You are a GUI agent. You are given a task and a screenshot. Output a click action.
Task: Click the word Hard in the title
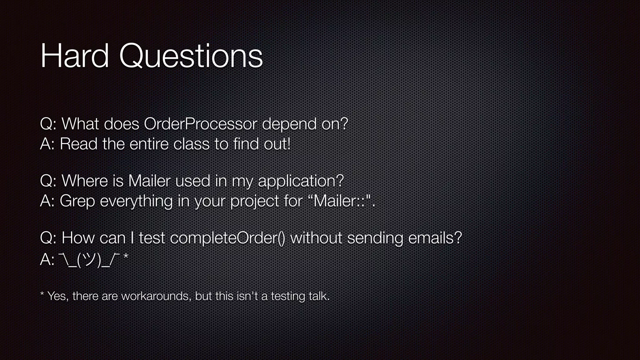click(75, 56)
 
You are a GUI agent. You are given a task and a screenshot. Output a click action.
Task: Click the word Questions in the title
click(191, 56)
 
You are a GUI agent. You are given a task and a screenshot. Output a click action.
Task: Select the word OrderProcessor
click(200, 124)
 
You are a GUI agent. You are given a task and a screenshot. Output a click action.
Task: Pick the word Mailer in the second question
click(149, 181)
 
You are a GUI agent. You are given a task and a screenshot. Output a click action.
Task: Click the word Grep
click(77, 201)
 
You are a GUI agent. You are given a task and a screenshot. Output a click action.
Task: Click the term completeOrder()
click(227, 238)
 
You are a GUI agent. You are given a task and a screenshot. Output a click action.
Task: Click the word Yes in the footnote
click(57, 296)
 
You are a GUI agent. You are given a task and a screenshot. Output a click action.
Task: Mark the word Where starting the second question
click(85, 181)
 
